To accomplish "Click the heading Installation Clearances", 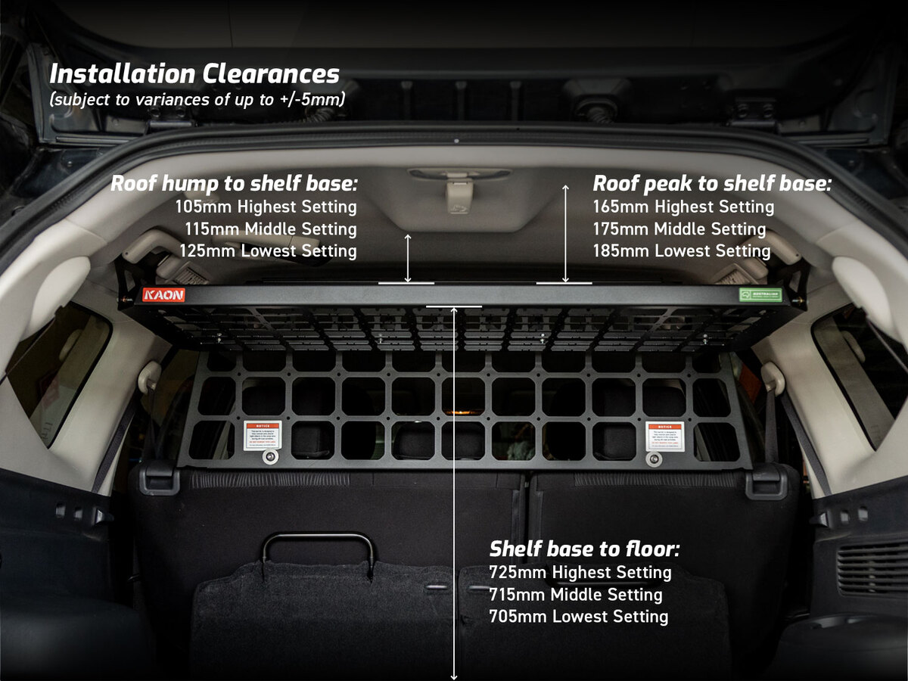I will click(194, 74).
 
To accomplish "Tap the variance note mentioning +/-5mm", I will click(197, 99).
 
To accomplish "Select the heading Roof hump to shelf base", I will click(234, 184).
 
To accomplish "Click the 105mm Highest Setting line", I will click(266, 207).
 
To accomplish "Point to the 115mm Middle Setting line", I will click(270, 229).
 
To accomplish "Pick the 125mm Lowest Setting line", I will click(268, 250).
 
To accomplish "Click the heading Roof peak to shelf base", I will click(712, 184).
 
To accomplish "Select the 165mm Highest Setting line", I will click(683, 207).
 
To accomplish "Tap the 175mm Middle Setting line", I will click(679, 229).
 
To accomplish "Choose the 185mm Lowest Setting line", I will click(682, 250).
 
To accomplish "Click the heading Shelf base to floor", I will click(584, 549).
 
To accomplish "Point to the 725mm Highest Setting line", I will click(580, 572).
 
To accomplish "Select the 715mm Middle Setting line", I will click(576, 595).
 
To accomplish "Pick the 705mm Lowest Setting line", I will click(579, 617).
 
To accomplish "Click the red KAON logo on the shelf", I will click(163, 294).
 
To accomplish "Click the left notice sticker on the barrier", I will click(263, 435).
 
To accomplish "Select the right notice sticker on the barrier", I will click(665, 437).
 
